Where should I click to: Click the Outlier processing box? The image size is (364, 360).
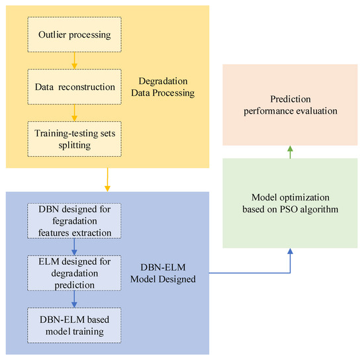(x=74, y=34)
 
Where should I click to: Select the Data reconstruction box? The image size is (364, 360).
(x=74, y=86)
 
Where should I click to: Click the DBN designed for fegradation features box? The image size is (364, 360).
(x=74, y=220)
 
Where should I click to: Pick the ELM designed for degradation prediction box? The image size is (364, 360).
(x=74, y=271)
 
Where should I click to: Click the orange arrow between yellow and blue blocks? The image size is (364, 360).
(x=107, y=179)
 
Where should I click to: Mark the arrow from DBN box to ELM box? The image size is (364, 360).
(x=74, y=246)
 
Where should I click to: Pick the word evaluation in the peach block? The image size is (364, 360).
(x=314, y=111)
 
